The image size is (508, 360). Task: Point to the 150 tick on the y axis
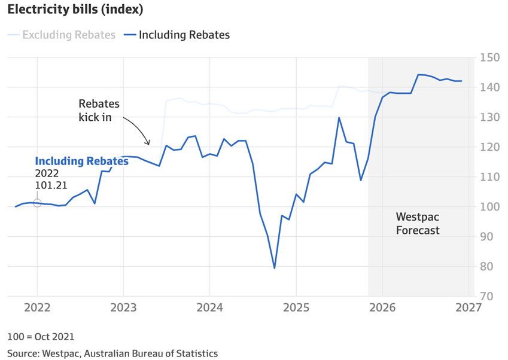489,58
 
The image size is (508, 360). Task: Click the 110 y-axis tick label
489,177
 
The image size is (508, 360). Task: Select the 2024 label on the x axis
209,308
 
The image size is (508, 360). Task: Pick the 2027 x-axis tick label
469,308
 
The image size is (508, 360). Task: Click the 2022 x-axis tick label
37,308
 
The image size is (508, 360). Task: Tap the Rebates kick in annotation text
99,110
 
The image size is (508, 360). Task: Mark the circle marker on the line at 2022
37,203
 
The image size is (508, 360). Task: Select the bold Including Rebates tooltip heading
81,161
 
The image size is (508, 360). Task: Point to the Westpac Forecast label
418,223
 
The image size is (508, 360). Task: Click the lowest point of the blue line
275,268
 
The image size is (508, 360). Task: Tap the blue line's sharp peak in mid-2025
339,118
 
